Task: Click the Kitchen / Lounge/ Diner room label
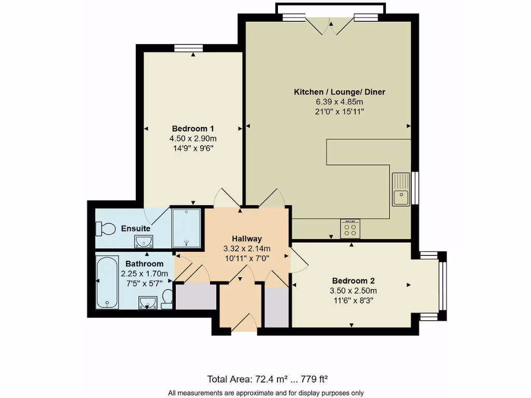pos(340,92)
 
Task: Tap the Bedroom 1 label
pos(193,129)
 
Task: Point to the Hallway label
pos(246,239)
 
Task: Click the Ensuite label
pos(136,229)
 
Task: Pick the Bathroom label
pos(144,264)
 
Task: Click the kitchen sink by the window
pos(401,189)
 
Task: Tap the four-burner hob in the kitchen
pos(350,228)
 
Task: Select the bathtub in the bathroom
pos(108,282)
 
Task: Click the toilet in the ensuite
pos(106,229)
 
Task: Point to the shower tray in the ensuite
pos(185,228)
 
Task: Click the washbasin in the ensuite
pos(144,241)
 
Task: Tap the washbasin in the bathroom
pos(149,302)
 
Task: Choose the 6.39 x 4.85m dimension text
pos(340,102)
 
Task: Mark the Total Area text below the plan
pos(267,379)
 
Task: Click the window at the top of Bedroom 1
pos(188,48)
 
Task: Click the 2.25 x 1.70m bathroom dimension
pos(144,274)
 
